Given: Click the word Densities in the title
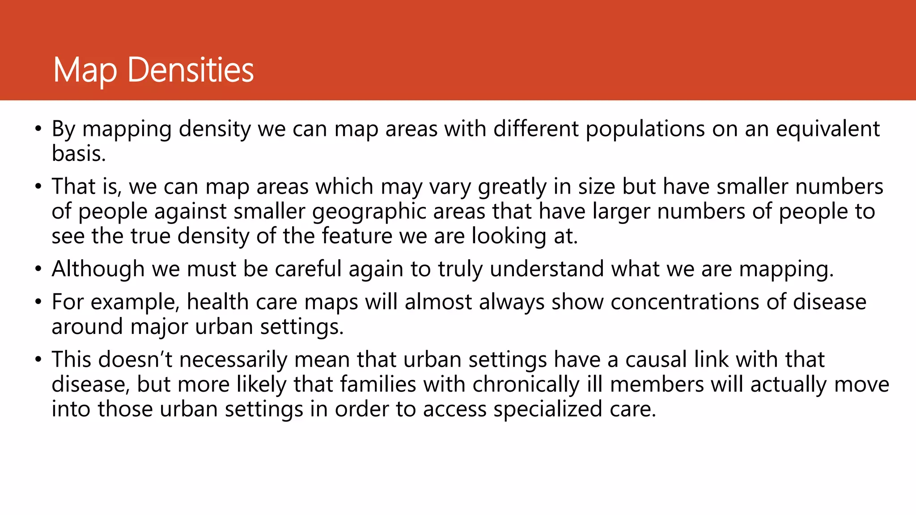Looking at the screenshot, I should coord(191,70).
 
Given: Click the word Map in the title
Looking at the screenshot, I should coord(85,70).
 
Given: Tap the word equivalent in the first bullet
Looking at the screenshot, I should coord(827,129).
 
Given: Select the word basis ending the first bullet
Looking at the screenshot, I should coord(78,153).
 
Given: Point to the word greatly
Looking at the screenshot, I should coord(512,186).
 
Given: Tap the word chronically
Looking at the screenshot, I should coord(526,384).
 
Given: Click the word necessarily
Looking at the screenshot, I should coord(233,359).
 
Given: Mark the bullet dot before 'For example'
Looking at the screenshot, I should coord(38,302).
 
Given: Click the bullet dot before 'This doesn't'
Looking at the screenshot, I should coord(38,360).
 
